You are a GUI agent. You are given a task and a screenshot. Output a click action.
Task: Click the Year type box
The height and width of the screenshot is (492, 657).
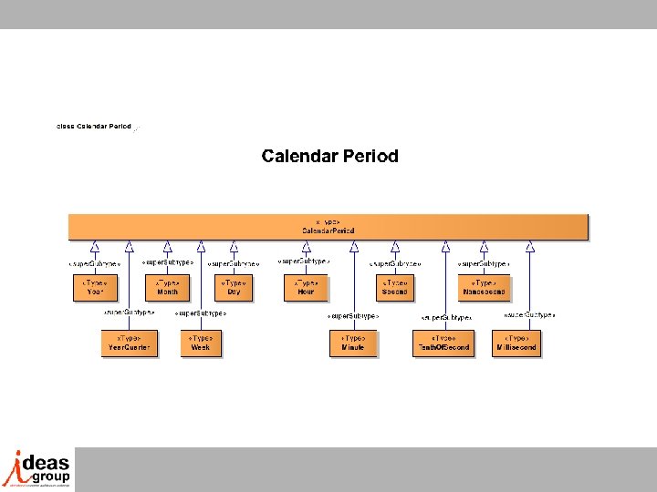(96, 288)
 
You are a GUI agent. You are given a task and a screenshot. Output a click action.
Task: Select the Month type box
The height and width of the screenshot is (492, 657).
(167, 288)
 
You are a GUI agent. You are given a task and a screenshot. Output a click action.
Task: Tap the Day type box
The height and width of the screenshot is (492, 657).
(234, 288)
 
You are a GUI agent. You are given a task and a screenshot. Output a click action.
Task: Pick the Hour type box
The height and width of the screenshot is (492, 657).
(306, 288)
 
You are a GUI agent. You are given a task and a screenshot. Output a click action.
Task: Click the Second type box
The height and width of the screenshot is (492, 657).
(395, 288)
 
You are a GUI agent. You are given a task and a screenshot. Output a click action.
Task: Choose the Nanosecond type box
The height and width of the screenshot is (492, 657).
(484, 288)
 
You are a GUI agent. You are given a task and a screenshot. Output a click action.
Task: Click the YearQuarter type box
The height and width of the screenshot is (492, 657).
(130, 343)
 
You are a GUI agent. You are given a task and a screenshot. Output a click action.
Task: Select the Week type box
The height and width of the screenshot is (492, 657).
(201, 343)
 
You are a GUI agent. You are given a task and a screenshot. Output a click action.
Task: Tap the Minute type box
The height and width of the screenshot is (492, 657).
(352, 343)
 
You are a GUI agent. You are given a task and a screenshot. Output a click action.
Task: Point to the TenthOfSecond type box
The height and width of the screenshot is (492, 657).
(443, 343)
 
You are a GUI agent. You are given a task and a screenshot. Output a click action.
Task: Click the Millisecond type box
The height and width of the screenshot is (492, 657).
(516, 343)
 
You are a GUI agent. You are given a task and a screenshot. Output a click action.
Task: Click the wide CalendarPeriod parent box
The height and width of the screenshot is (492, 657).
(328, 227)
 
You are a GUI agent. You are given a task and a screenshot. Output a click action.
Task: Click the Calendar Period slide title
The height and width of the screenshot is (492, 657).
(329, 156)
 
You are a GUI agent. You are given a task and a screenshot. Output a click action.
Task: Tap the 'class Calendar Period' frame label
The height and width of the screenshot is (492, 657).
(94, 126)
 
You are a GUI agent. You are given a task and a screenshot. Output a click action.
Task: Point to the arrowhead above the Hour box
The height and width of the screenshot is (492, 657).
(306, 246)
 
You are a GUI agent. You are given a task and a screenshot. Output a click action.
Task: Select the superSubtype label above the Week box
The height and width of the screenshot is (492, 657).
(201, 313)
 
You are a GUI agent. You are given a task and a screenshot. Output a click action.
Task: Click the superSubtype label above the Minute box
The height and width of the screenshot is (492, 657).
(353, 316)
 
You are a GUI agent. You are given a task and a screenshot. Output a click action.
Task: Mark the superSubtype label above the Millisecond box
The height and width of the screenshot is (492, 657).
(529, 315)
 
